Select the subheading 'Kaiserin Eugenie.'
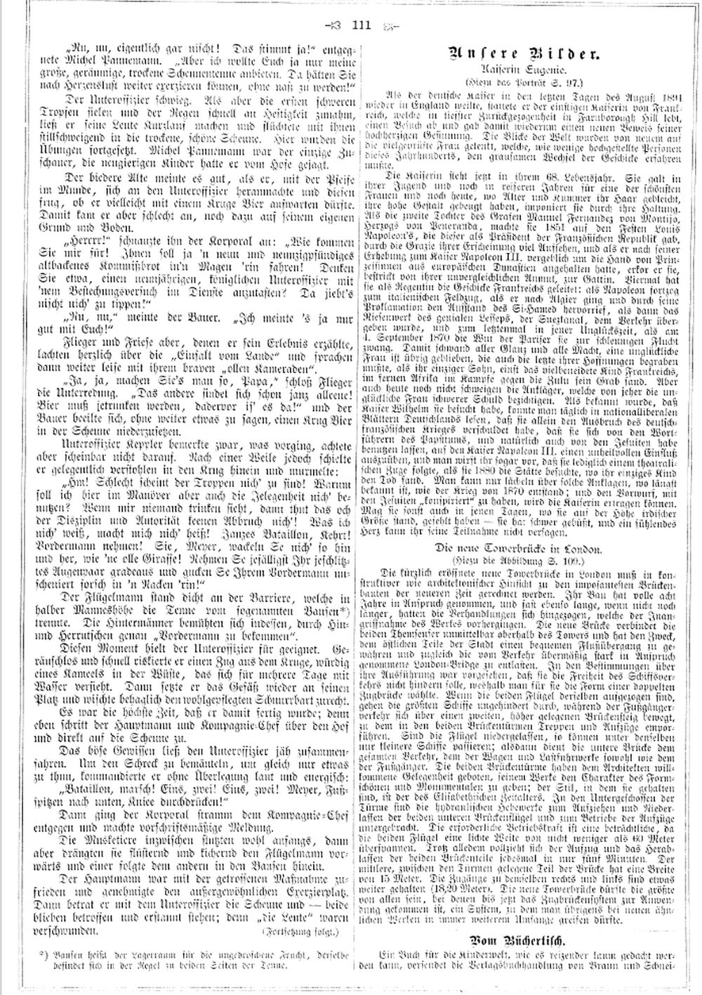coord(529,71)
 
